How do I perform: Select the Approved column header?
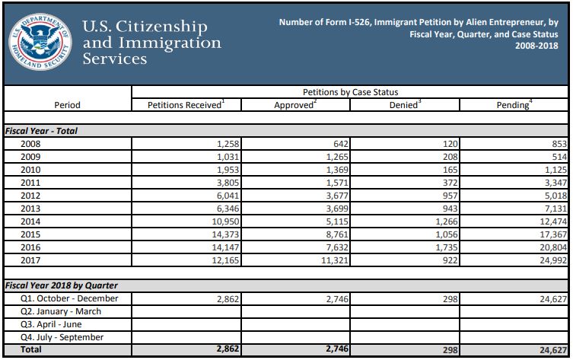tap(294, 104)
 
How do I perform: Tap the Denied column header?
tap(404, 104)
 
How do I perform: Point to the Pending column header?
tap(514, 104)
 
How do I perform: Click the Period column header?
tap(67, 105)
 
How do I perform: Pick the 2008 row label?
tap(32, 144)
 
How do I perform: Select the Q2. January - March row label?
tap(62, 311)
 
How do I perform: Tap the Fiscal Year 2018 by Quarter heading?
tap(61, 285)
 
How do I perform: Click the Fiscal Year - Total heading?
tap(42, 131)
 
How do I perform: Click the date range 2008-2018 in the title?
tap(540, 46)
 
